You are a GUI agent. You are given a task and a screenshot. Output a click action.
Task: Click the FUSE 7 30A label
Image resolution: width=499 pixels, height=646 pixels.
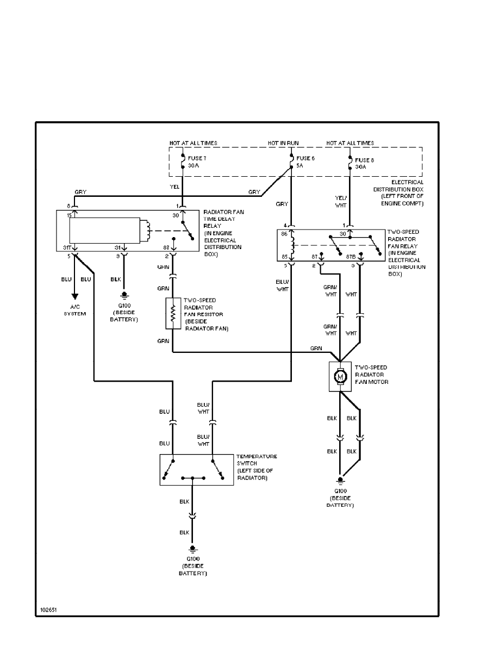pos(198,162)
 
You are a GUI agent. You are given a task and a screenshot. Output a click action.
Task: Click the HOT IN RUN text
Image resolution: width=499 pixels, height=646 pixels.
pos(283,143)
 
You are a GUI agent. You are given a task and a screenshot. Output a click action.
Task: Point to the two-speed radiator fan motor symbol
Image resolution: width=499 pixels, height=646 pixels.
pos(340,376)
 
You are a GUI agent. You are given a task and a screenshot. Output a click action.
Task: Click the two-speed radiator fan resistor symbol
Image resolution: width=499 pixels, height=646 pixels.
pos(172,313)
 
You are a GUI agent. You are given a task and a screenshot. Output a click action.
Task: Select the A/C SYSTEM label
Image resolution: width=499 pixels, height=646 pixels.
pos(76,310)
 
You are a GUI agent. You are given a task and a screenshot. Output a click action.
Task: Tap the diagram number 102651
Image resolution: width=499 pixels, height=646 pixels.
pos(48,610)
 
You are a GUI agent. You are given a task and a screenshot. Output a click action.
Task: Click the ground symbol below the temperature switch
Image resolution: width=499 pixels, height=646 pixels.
pos(192,550)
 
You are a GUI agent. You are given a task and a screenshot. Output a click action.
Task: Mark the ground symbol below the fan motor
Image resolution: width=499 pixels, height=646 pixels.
pos(340,480)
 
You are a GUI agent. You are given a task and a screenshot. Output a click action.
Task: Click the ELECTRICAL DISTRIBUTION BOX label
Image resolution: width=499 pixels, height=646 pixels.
pos(398,192)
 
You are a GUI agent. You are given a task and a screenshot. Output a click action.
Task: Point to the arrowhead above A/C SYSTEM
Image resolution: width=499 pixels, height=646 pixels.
pos(76,297)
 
